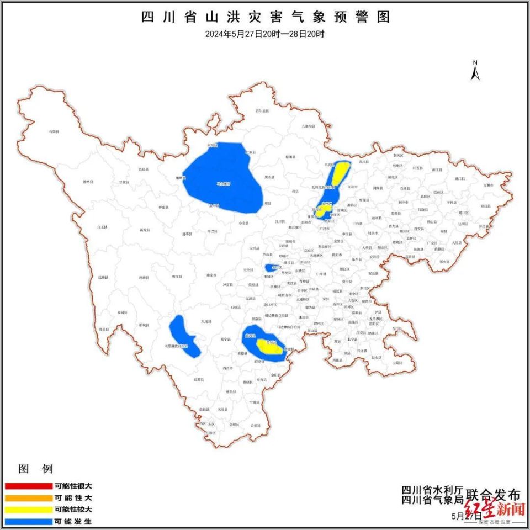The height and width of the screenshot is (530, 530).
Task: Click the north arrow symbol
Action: coord(475,71)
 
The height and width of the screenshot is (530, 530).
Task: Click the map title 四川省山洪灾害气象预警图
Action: coord(266,17)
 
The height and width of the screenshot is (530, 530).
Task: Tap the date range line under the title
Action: coord(265,34)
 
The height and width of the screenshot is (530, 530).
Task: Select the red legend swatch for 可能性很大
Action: coord(28,486)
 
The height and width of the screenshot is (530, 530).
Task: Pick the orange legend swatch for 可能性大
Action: coord(28,498)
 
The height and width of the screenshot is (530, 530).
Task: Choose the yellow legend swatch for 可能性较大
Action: coord(28,510)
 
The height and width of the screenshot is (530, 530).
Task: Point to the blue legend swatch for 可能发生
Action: coord(28,521)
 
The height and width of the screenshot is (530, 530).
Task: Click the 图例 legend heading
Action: coord(36,469)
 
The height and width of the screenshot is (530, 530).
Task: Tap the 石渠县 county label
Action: coord(54,132)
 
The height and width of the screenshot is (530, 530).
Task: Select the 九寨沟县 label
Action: coord(308,126)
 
